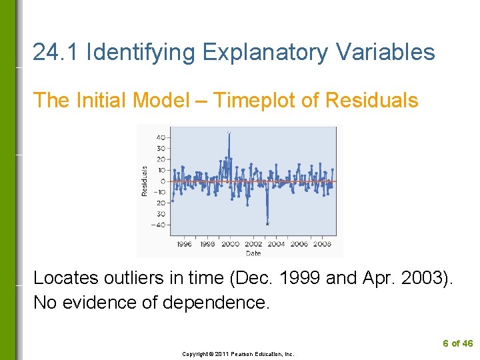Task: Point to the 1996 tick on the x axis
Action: (184, 244)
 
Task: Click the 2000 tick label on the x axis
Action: (230, 244)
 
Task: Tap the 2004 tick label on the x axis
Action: (276, 244)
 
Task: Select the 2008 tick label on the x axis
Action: (322, 244)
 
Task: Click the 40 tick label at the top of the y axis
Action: (161, 137)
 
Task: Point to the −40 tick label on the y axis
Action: (160, 225)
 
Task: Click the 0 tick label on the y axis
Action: (163, 181)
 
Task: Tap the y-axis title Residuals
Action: (144, 181)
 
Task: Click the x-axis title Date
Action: (253, 253)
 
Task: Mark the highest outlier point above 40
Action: (229, 132)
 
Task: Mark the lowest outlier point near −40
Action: (267, 224)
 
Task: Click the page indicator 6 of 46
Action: (458, 343)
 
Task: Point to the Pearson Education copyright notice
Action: (238, 354)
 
